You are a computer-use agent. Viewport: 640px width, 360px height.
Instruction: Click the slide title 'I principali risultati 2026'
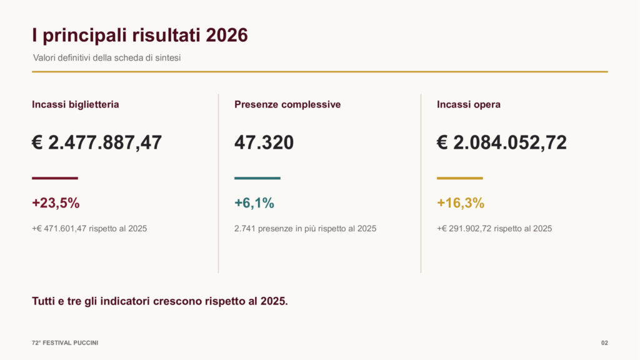pos(140,36)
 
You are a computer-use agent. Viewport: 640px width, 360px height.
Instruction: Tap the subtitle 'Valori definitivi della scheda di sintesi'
pos(107,58)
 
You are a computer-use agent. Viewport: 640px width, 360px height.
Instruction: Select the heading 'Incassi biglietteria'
pos(76,104)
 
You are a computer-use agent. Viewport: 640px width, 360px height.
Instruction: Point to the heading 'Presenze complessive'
pos(287,104)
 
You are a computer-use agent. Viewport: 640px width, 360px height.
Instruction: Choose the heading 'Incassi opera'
pos(469,104)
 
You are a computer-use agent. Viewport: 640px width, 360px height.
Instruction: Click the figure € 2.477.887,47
pos(97,143)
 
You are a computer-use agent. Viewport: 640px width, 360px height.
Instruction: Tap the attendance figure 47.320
pos(264,143)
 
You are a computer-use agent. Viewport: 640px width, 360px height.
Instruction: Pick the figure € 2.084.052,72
pos(502,143)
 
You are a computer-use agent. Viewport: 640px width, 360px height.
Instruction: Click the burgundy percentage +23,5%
pos(56,203)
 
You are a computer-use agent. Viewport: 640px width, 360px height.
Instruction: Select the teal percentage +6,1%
pos(254,203)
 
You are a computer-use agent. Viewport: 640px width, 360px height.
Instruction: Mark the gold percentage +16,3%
pos(461,203)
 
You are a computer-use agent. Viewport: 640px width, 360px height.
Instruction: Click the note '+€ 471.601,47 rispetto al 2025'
pos(89,229)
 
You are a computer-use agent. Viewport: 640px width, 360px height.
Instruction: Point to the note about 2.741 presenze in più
pos(305,229)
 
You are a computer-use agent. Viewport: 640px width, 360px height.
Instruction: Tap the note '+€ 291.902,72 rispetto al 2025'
pos(494,229)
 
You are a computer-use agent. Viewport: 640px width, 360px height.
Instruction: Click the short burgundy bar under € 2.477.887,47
pos(55,178)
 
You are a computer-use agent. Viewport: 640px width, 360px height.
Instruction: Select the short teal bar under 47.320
pos(257,178)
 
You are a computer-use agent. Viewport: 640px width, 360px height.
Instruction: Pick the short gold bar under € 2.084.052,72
pos(460,178)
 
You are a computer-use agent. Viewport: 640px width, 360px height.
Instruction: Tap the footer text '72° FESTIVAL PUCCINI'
pos(65,343)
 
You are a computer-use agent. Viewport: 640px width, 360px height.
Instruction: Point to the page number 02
pos(604,343)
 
